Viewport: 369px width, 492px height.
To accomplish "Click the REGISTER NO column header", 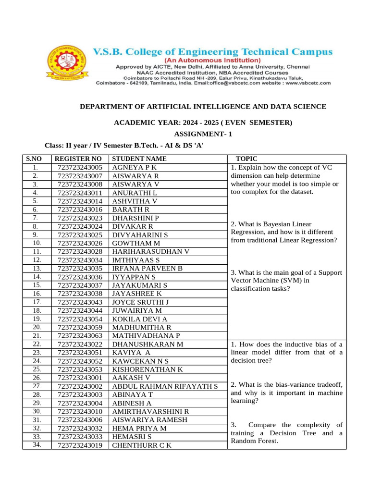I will tap(78, 159).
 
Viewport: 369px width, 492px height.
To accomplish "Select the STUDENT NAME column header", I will tap(139, 159).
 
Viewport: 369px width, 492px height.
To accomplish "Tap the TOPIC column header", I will tap(247, 159).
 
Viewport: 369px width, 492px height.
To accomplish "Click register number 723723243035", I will tap(80, 269).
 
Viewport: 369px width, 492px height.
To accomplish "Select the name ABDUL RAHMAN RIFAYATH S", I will tap(165, 386).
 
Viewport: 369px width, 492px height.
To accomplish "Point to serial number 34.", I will tap(36, 445).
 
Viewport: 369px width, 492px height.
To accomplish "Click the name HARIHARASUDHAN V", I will tap(151, 252).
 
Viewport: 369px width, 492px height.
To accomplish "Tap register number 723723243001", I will tap(80, 378).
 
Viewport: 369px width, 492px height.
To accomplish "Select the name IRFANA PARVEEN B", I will tap(148, 269).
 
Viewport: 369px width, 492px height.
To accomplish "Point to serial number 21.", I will tap(36, 336).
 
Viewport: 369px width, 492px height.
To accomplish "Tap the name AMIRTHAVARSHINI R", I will tap(151, 412).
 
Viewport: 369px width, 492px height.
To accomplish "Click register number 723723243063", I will tap(80, 336).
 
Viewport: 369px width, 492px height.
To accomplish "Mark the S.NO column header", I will tap(36, 159).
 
